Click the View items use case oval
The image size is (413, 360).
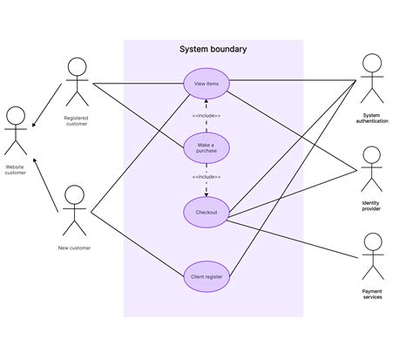point(206,84)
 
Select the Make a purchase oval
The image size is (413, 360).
point(206,146)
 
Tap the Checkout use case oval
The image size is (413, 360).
point(206,212)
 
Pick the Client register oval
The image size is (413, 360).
point(206,276)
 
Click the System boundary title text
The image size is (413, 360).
point(213,50)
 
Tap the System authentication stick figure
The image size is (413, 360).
point(371,80)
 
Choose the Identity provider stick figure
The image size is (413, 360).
point(371,171)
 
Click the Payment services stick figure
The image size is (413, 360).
point(371,256)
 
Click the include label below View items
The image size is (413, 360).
point(206,115)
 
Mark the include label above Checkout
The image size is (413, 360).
point(206,177)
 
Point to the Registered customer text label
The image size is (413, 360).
point(77,121)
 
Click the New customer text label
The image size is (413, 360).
point(74,248)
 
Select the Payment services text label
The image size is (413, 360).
point(371,295)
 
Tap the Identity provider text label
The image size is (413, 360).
point(371,206)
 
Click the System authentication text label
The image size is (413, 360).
point(371,119)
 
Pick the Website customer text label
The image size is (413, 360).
point(15,169)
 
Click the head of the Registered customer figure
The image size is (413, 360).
point(78,66)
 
